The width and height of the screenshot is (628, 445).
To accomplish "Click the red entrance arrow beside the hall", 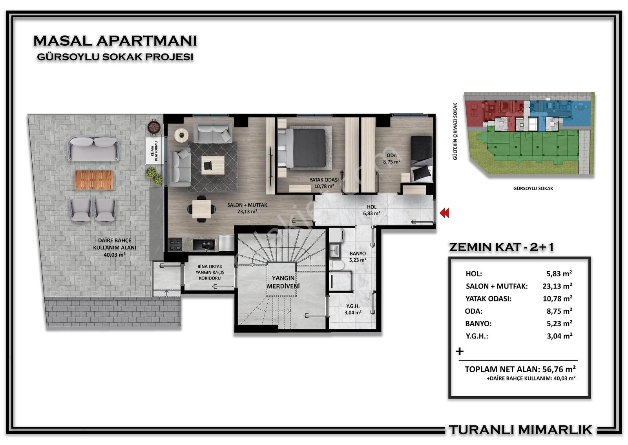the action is [x=444, y=213].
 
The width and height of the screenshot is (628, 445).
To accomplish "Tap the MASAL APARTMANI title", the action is [x=115, y=41].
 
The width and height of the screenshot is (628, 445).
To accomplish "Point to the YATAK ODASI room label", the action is [x=324, y=180].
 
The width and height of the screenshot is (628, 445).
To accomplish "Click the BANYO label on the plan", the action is [x=358, y=254].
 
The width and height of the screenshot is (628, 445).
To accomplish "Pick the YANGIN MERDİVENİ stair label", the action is [x=283, y=282].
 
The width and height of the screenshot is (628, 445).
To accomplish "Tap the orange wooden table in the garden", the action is [x=94, y=180].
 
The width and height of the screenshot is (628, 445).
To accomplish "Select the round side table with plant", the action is [x=181, y=135].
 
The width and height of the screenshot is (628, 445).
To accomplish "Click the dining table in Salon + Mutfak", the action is [x=202, y=209].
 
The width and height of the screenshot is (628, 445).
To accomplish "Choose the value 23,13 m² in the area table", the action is [x=557, y=286].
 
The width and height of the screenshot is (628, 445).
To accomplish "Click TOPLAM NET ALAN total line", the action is [x=520, y=369].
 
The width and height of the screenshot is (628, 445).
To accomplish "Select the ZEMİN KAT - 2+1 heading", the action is [x=502, y=247].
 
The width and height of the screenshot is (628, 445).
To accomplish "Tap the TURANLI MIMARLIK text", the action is [x=520, y=430].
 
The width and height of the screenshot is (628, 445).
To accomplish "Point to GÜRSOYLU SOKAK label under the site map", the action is [x=533, y=188].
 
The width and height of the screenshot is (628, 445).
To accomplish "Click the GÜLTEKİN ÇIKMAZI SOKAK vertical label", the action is [x=455, y=131].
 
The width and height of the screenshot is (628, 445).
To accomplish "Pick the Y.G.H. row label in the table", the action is [x=476, y=336].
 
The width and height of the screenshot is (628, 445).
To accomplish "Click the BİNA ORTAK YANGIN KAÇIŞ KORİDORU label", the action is [x=210, y=272].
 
